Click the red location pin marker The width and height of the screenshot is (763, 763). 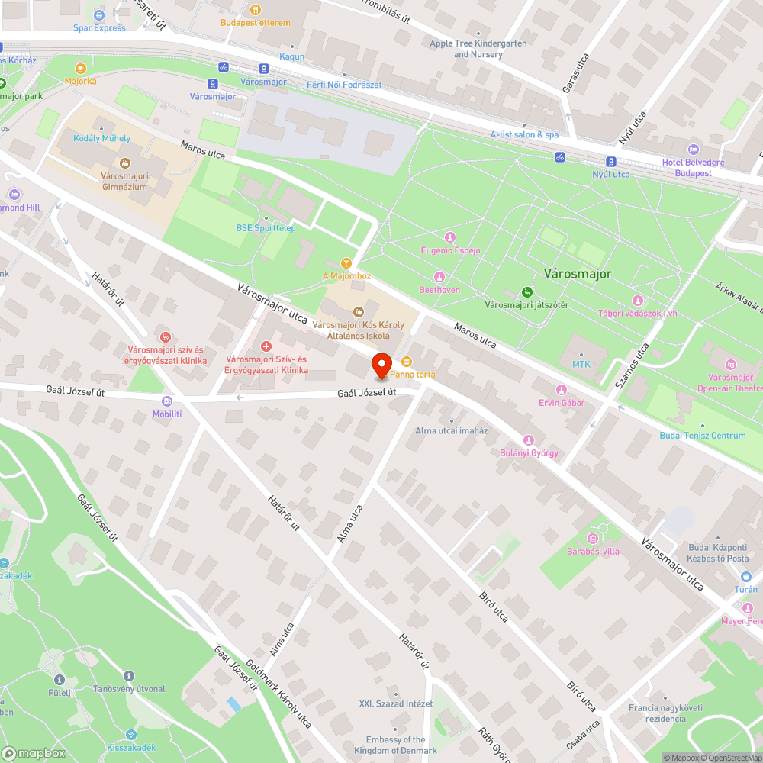coord(381,365)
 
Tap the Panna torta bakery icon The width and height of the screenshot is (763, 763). coord(406,362)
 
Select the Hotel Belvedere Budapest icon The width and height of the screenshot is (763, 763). coord(693,149)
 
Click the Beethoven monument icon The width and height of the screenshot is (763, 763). coord(439,276)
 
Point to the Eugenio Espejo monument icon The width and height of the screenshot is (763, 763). coord(450,237)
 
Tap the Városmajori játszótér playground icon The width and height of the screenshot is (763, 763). coord(526,291)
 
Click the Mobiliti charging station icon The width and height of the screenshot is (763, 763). coord(167,401)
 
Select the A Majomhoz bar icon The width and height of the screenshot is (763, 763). coord(346,262)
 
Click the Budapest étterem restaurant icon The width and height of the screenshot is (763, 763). coord(255,10)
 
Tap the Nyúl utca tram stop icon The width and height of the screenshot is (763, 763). coord(610,161)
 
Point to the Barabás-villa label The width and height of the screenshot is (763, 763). coord(593,551)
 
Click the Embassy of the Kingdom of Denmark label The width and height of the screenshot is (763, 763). coord(395,745)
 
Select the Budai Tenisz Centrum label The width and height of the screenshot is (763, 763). coord(703,436)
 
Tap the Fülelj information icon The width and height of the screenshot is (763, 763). coord(128,676)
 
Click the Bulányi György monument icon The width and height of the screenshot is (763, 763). coord(527,439)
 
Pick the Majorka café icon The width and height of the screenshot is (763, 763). coord(81,67)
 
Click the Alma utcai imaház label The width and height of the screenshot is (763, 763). coord(451,430)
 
